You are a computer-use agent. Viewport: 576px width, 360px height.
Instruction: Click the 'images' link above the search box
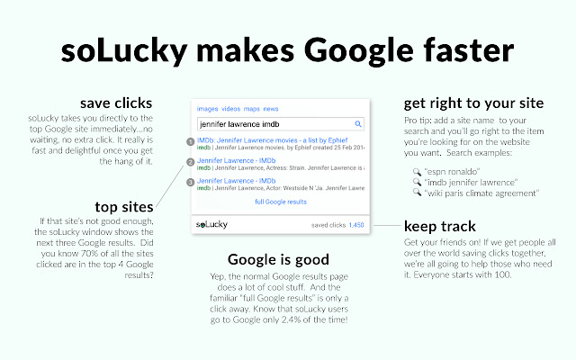pyautogui.click(x=207, y=108)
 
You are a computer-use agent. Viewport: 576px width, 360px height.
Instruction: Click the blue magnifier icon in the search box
pyautogui.click(x=357, y=123)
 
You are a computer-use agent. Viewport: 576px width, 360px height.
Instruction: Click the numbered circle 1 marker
pyautogui.click(x=190, y=141)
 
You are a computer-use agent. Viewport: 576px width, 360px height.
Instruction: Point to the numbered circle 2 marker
pyautogui.click(x=190, y=162)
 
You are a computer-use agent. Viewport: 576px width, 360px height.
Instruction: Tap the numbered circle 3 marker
pyautogui.click(x=190, y=183)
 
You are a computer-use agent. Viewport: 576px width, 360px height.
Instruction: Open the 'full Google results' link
pyautogui.click(x=281, y=202)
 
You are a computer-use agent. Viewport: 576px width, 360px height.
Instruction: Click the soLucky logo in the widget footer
pyautogui.click(x=216, y=223)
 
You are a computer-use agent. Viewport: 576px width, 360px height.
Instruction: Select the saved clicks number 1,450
pyautogui.click(x=355, y=224)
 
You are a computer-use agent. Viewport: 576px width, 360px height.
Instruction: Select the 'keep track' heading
pyautogui.click(x=440, y=226)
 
